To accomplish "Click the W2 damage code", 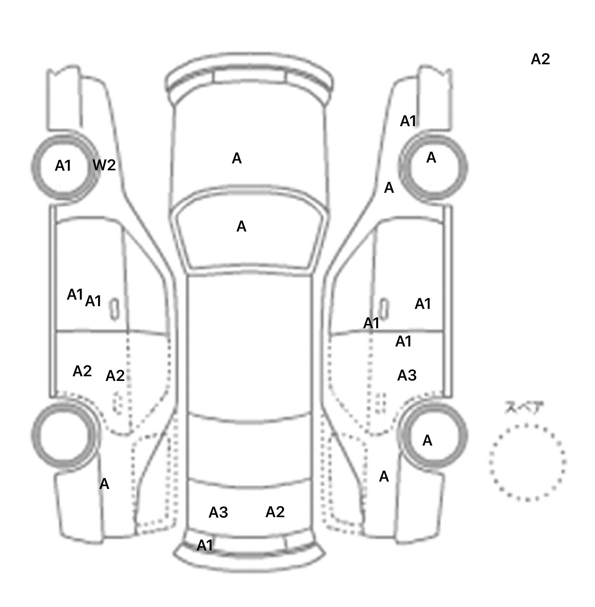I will point(104,165).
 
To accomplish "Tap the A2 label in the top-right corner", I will point(540,59).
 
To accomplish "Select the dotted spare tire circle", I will point(527,462).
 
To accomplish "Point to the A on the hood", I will point(237,158).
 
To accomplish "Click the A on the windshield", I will point(241,226).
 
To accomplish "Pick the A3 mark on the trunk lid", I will point(218,513).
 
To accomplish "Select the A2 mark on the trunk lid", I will point(275,512).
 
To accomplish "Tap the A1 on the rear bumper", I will point(205,545).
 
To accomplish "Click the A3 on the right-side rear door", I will point(407,375).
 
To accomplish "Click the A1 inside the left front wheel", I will point(63,166).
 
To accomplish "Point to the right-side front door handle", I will point(384,309).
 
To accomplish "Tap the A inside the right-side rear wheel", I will point(427,441).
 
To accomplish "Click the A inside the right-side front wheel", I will point(431,158).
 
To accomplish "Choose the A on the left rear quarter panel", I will point(104,484).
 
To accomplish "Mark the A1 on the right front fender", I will point(408,121).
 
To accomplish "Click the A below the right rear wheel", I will point(384,477).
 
